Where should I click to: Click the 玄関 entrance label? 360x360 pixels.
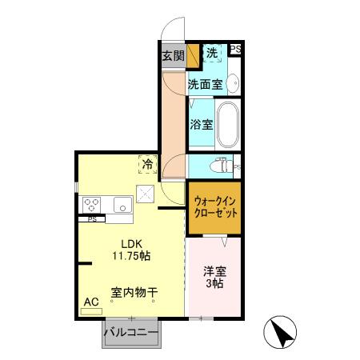pos(172,56)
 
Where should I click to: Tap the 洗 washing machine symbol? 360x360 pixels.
pos(212,53)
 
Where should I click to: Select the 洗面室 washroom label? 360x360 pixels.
pos(204,82)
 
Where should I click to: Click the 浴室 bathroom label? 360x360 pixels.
pos(202,124)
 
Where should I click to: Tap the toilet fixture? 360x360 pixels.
pos(218,166)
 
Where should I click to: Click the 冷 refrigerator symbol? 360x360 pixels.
pos(149,164)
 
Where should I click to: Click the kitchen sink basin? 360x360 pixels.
pos(122,203)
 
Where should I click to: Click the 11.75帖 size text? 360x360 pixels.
pos(130,257)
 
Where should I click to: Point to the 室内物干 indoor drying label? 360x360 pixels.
pos(134,293)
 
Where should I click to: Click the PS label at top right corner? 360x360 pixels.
pos(236,50)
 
